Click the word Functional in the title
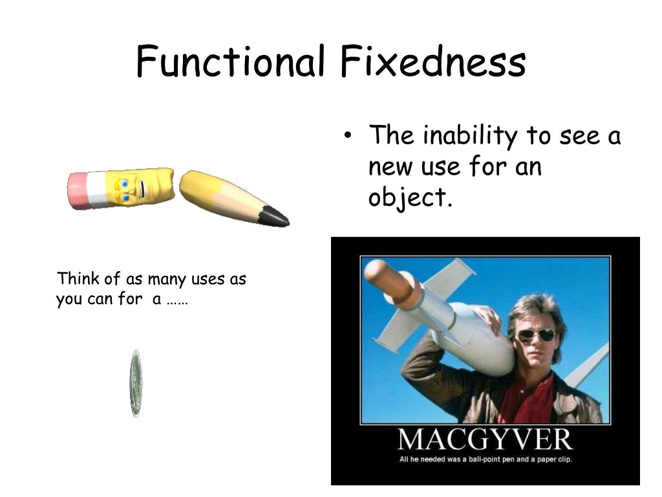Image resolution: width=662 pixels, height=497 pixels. pos(230,62)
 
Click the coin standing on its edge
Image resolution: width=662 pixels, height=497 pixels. pos(135,383)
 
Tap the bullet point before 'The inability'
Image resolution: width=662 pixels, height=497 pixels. pos(348,136)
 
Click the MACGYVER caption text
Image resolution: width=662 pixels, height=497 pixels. pos(485,440)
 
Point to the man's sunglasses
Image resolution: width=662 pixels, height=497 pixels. pos(536,335)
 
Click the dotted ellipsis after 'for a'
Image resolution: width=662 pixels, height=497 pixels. pos(176,301)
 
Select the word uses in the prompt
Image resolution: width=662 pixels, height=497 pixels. pos(206,279)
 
